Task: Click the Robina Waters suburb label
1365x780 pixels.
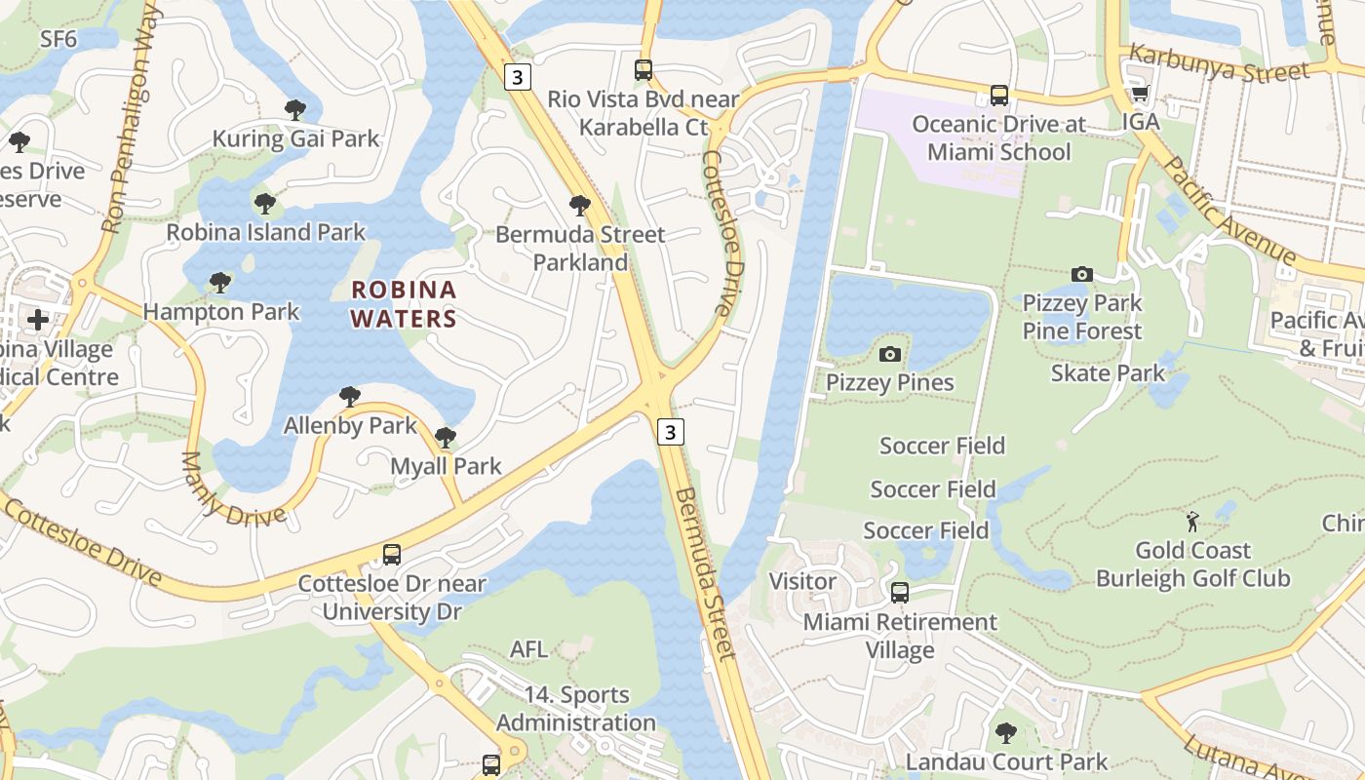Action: click(404, 303)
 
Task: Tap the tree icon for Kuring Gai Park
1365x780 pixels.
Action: click(295, 110)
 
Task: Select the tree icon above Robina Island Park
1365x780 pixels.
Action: click(264, 204)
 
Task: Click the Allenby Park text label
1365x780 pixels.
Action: click(350, 425)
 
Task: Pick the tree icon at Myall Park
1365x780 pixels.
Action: click(446, 438)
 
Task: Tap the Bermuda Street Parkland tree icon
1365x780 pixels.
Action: click(580, 206)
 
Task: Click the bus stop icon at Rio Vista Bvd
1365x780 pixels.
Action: click(643, 70)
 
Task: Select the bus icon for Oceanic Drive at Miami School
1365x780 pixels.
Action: click(999, 96)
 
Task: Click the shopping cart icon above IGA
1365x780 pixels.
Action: click(1140, 94)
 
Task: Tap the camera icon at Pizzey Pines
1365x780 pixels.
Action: click(889, 354)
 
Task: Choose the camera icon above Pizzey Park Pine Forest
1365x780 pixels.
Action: click(1081, 275)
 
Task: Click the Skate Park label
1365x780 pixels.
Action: click(1108, 372)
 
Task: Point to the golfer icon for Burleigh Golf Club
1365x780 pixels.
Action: click(1192, 522)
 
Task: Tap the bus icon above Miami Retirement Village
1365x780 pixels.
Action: click(900, 593)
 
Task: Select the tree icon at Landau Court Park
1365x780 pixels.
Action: click(1006, 733)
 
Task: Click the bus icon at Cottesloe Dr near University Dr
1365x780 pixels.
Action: click(391, 555)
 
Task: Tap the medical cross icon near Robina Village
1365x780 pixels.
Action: click(38, 319)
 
